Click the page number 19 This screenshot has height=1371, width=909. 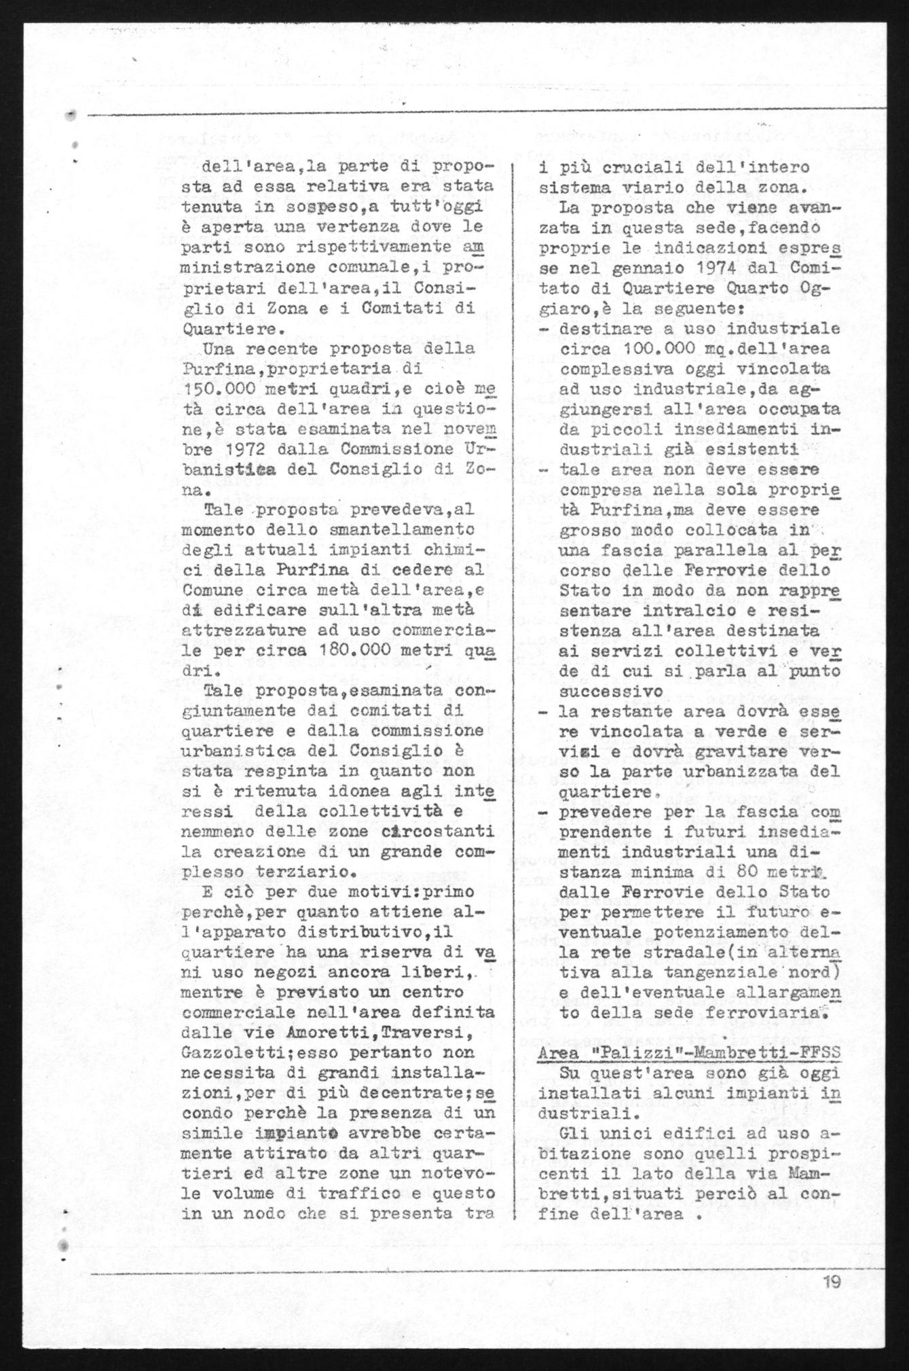832,1282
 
